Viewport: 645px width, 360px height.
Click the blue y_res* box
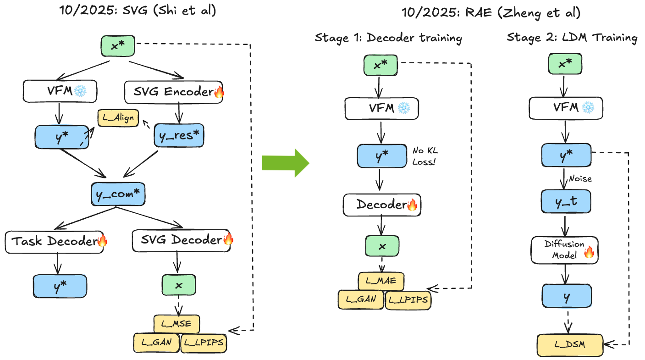pyautogui.click(x=179, y=135)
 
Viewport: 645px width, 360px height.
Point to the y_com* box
pyautogui.click(x=118, y=195)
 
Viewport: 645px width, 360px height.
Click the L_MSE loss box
pyautogui.click(x=176, y=324)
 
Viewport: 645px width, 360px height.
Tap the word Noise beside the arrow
pyautogui.click(x=580, y=179)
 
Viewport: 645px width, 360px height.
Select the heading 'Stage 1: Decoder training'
pyautogui.click(x=388, y=38)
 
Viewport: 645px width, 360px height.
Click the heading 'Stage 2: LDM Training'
pyautogui.click(x=572, y=38)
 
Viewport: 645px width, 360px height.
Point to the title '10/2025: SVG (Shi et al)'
pyautogui.click(x=137, y=11)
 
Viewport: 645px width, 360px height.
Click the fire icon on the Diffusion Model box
pyautogui.click(x=589, y=251)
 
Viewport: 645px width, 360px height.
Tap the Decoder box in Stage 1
pyautogui.click(x=382, y=205)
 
